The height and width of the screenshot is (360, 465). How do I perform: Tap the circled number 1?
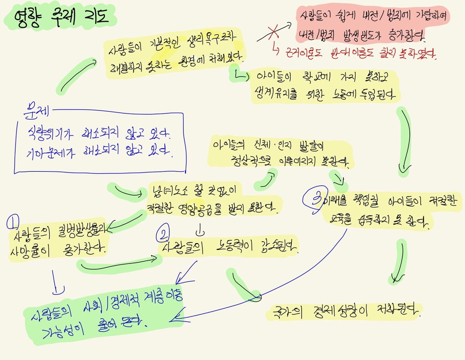(13, 221)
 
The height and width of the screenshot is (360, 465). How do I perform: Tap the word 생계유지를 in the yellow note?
(276, 94)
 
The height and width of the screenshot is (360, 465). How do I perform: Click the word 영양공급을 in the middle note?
(199, 209)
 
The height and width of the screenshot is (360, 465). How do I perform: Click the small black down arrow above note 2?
(200, 230)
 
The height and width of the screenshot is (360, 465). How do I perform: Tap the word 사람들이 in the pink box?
(316, 15)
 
